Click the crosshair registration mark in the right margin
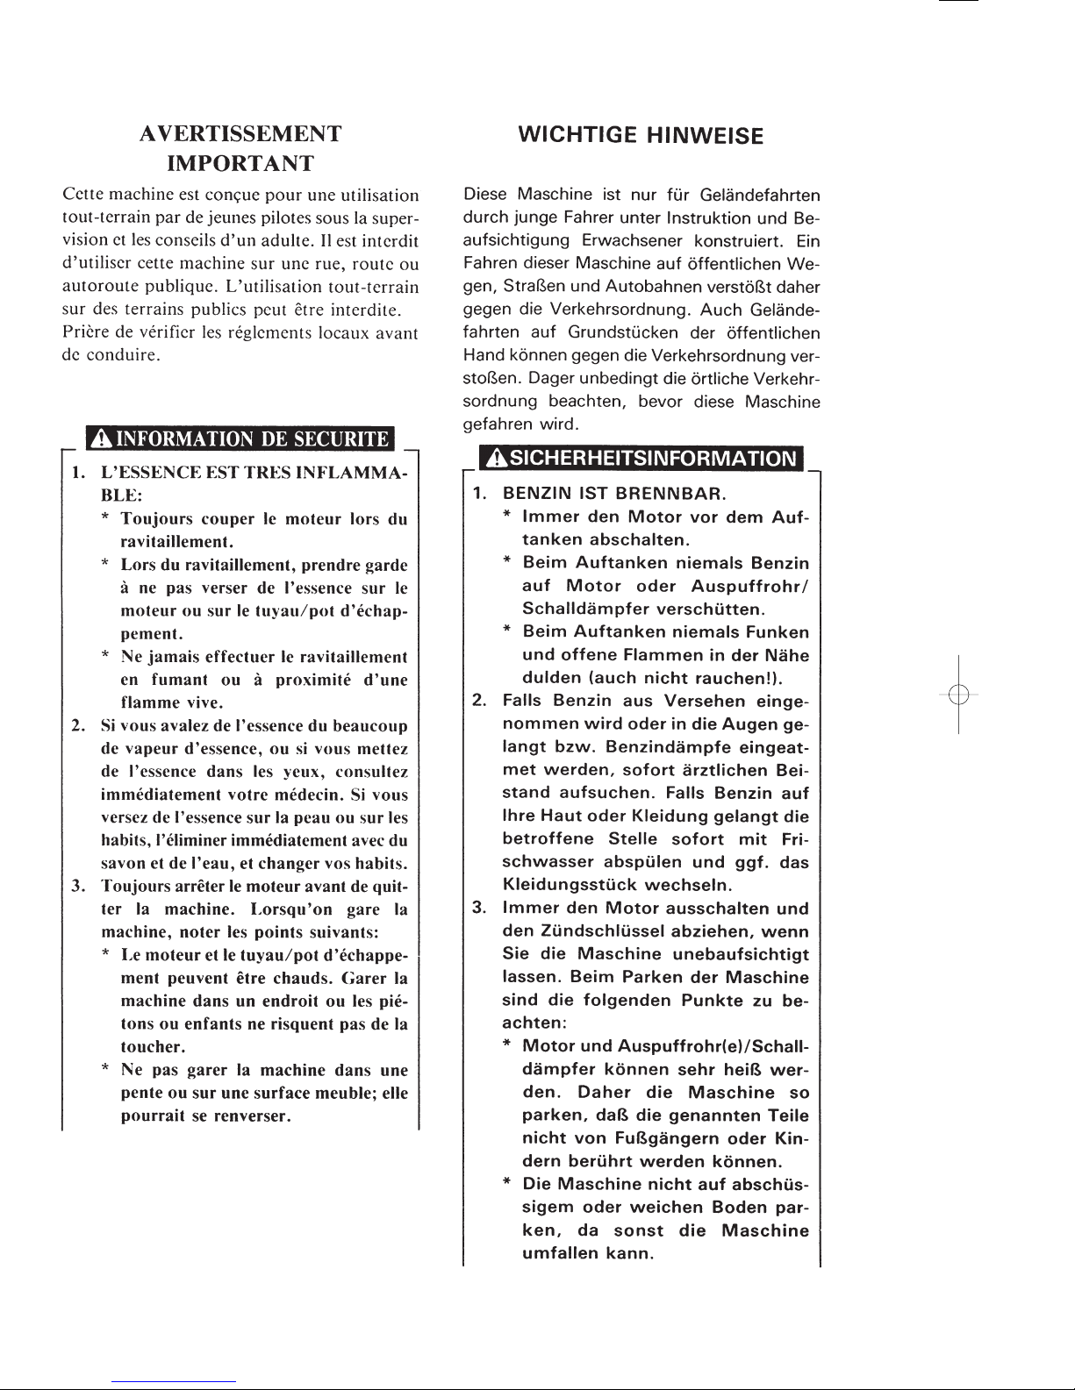(958, 694)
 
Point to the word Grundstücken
(624, 332)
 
